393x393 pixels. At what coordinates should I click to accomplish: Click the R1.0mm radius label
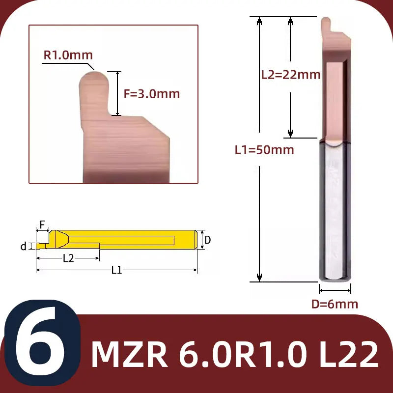tap(68, 55)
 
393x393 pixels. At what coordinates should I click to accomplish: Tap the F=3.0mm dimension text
tap(151, 94)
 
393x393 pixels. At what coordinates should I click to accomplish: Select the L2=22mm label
tap(290, 75)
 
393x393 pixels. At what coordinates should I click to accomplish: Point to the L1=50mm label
tap(263, 150)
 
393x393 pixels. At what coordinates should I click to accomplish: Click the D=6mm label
tap(335, 304)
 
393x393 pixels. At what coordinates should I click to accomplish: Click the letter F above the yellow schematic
tap(42, 225)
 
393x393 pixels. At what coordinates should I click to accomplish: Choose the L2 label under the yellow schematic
tap(68, 258)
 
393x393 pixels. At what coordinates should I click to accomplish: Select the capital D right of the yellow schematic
tap(208, 240)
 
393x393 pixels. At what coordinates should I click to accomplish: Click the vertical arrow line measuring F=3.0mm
tap(116, 93)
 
